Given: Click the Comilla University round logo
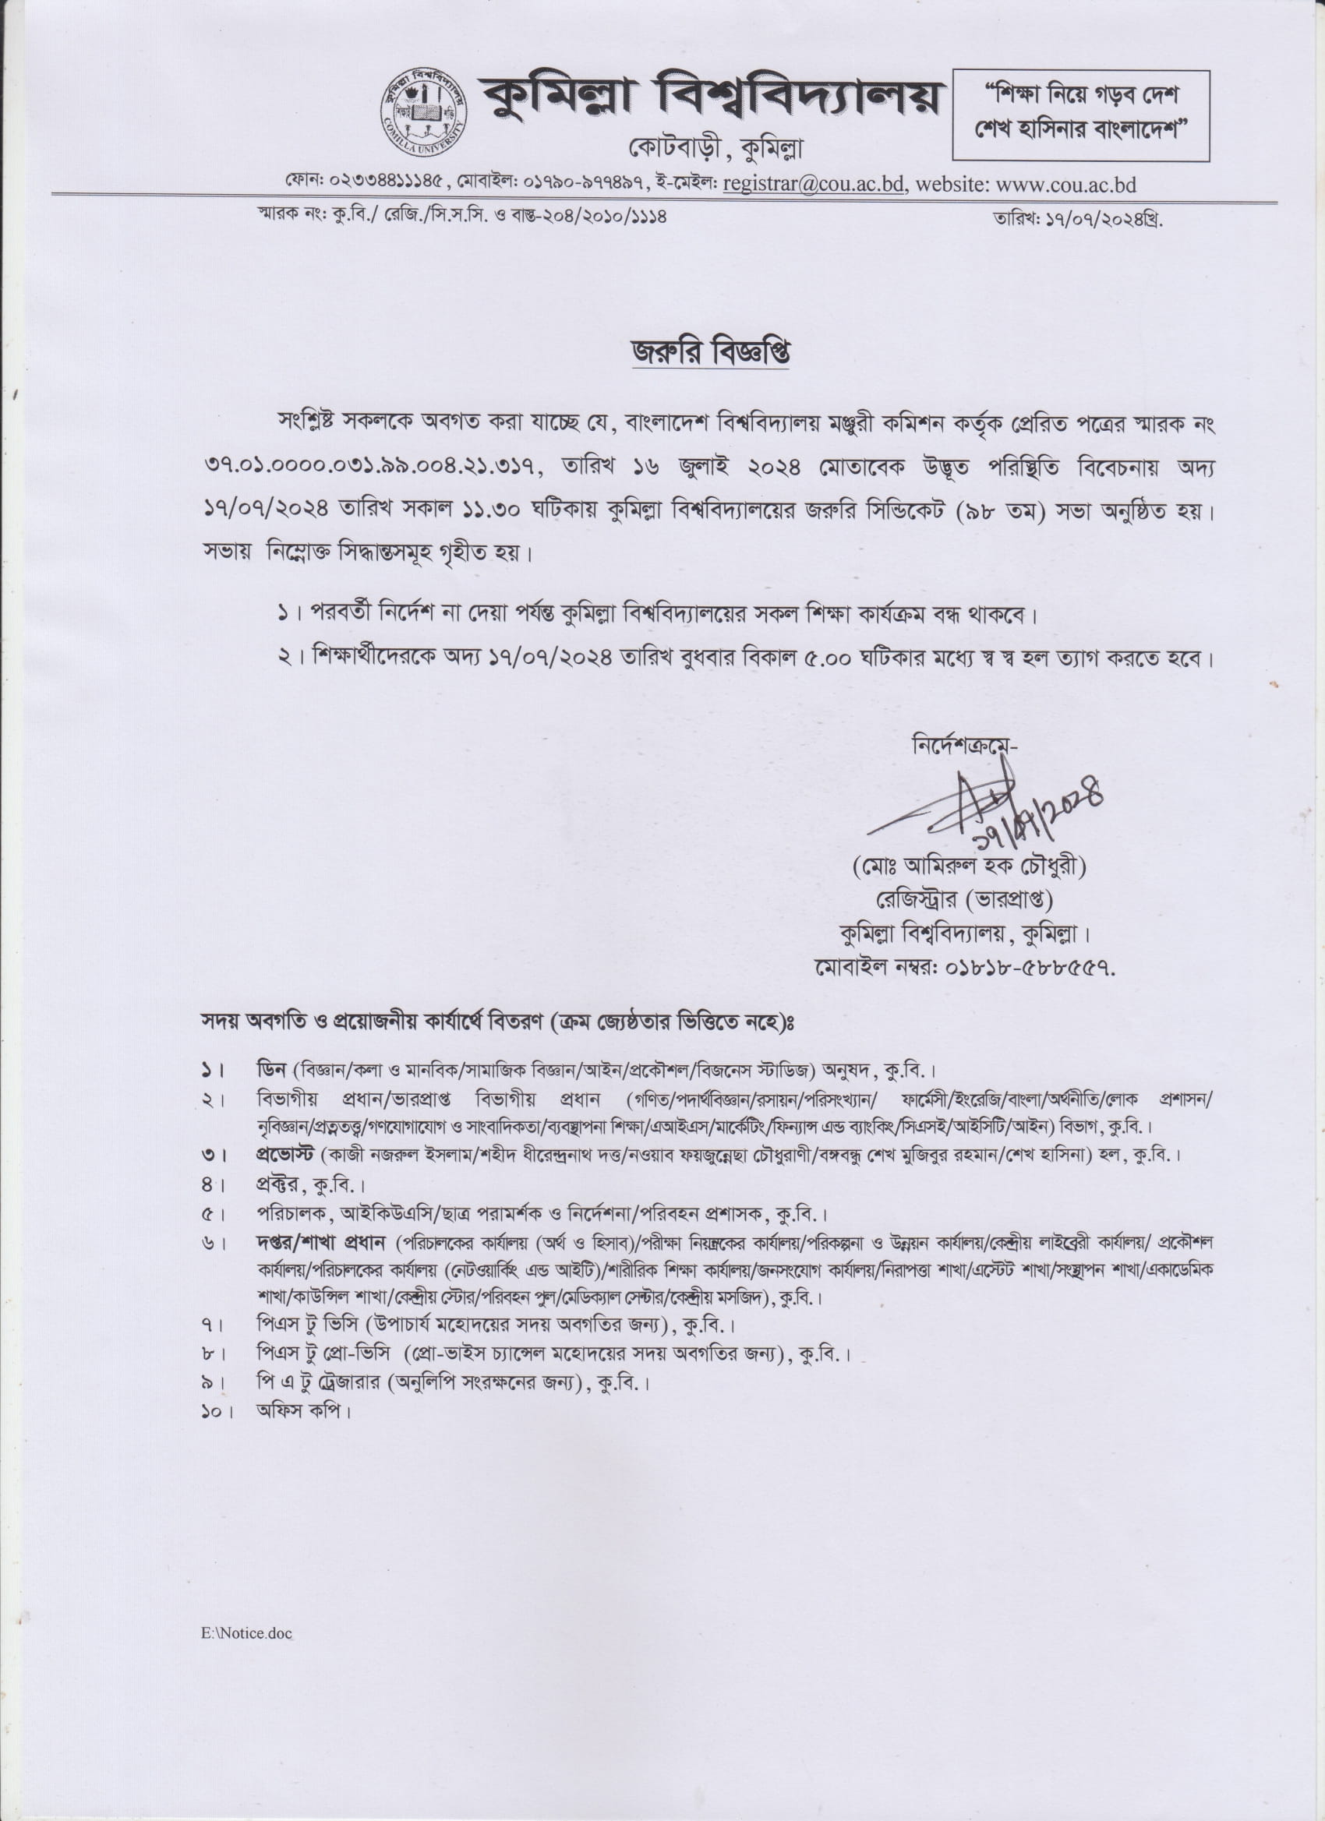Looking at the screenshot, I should pyautogui.click(x=423, y=111).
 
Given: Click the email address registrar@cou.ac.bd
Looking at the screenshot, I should pyautogui.click(x=814, y=184).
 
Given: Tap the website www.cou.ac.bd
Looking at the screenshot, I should pyautogui.click(x=1065, y=185).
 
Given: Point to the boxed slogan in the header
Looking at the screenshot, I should pyautogui.click(x=1080, y=113).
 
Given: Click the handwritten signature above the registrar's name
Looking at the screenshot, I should pyautogui.click(x=988, y=806).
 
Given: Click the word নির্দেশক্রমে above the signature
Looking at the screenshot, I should pyautogui.click(x=964, y=745).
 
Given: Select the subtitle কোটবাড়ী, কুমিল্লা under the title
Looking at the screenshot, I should pyautogui.click(x=716, y=149).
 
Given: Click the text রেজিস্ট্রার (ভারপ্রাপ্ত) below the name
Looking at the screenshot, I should pyautogui.click(x=964, y=899).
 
